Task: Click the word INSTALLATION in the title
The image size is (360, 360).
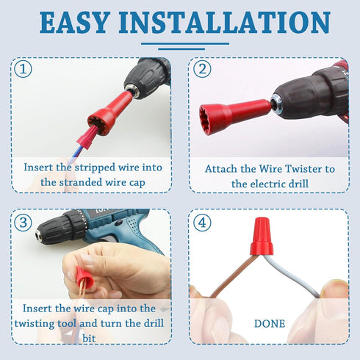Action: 231,23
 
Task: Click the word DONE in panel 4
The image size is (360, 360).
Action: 269,323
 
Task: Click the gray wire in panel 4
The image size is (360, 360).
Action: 301,276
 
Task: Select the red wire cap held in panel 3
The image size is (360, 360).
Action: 85,278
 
